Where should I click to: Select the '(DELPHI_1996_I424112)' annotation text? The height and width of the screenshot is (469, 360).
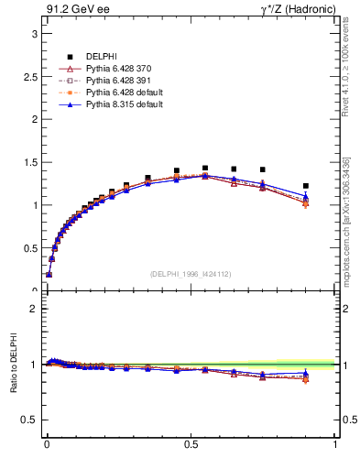191,273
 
